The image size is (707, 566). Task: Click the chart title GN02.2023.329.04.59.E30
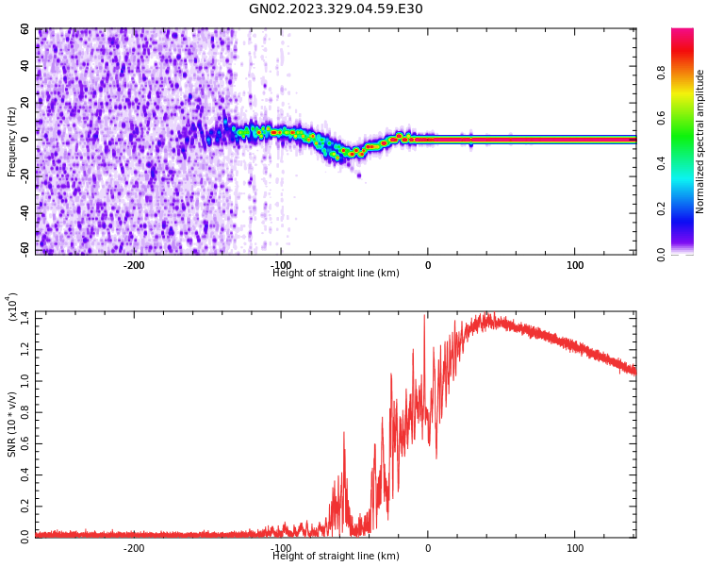[x=336, y=9]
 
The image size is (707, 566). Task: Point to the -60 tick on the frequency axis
[x=22, y=249]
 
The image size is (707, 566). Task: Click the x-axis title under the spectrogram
[x=336, y=274]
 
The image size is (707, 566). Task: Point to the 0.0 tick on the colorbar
[x=688, y=253]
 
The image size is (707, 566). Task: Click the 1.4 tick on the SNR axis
[x=24, y=320]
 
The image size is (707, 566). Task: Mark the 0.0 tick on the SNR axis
[x=24, y=535]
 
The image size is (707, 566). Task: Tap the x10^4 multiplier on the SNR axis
[x=13, y=307]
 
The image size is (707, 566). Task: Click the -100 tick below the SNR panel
[x=281, y=548]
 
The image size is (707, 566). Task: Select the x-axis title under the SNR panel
[x=336, y=557]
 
